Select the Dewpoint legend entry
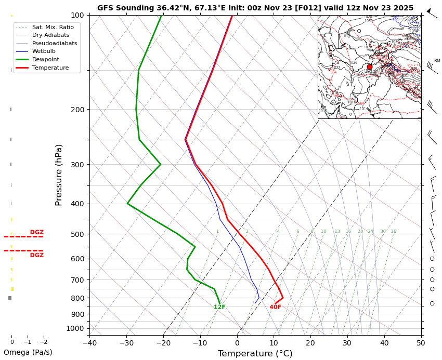(x=50, y=60)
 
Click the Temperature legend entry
(x=50, y=68)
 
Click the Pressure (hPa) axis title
(x=59, y=175)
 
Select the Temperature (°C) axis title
(x=255, y=354)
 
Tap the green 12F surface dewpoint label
(x=219, y=308)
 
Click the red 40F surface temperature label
(x=275, y=308)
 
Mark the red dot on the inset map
(x=370, y=67)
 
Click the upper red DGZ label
(x=36, y=232)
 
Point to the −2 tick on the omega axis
(x=43, y=342)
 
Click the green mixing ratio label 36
(x=393, y=232)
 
